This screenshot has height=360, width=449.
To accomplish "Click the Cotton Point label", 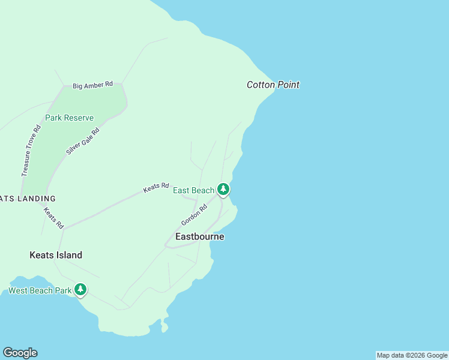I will tap(273, 85).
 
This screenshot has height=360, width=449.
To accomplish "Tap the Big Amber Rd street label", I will tap(93, 85).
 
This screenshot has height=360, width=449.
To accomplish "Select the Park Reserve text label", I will tap(69, 118).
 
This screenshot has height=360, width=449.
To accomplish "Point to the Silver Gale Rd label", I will tap(82, 142).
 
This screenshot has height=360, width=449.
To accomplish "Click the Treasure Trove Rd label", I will tap(31, 151).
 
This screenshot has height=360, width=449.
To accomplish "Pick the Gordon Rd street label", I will tap(194, 215).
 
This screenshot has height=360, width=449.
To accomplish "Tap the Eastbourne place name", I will tap(200, 236).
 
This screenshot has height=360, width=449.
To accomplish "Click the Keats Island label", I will tap(56, 255).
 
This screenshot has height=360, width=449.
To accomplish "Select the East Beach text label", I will tap(193, 191).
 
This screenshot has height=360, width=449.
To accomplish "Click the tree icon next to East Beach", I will tap(223, 190).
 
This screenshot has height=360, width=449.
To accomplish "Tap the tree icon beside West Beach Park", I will tap(80, 290).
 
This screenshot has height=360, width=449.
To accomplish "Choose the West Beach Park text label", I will tap(40, 291).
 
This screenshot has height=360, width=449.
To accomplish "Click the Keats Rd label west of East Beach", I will tap(156, 188).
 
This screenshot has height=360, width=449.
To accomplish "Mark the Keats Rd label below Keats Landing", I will tap(53, 218).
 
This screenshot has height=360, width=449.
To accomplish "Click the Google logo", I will tap(20, 353).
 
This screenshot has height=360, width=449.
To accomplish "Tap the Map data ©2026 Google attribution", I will tap(412, 355).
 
